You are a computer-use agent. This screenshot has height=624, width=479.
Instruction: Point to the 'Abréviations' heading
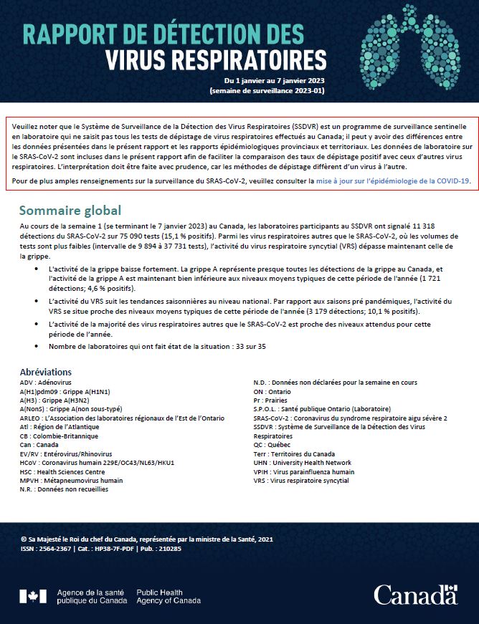pyautogui.click(x=46, y=372)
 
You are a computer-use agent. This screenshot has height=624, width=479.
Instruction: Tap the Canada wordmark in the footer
pyautogui.click(x=414, y=595)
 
